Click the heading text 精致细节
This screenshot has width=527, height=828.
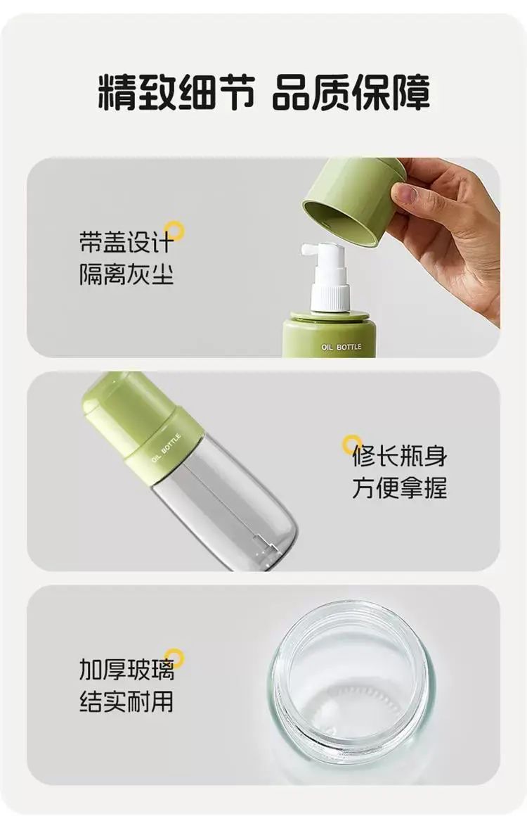(x=176, y=92)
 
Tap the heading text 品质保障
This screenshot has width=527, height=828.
(x=351, y=92)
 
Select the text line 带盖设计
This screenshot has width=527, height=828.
(x=126, y=243)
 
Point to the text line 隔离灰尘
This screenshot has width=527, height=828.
(x=126, y=274)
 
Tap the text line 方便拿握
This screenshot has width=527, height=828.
(x=400, y=488)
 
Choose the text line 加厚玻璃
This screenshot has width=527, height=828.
(x=126, y=670)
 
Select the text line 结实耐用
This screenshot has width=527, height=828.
(x=126, y=702)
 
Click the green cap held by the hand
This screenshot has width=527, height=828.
(x=353, y=200)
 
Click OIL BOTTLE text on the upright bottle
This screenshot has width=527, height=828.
(x=341, y=347)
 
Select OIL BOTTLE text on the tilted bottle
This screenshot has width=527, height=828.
(x=165, y=448)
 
